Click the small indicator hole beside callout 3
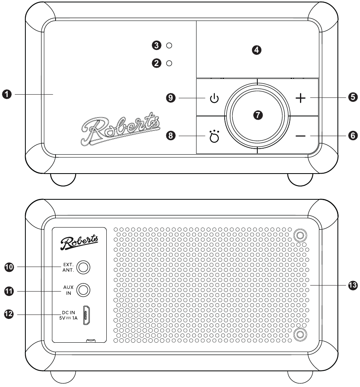coord(169,46)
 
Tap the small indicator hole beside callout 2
coord(169,63)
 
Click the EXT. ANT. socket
coord(83,267)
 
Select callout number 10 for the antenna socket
coord(10,267)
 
